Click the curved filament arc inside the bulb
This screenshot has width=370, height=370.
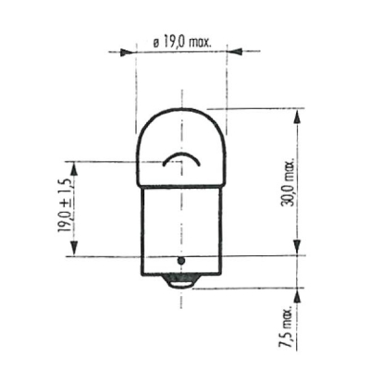pyautogui.click(x=181, y=158)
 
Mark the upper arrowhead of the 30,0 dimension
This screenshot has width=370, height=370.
pyautogui.click(x=298, y=115)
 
